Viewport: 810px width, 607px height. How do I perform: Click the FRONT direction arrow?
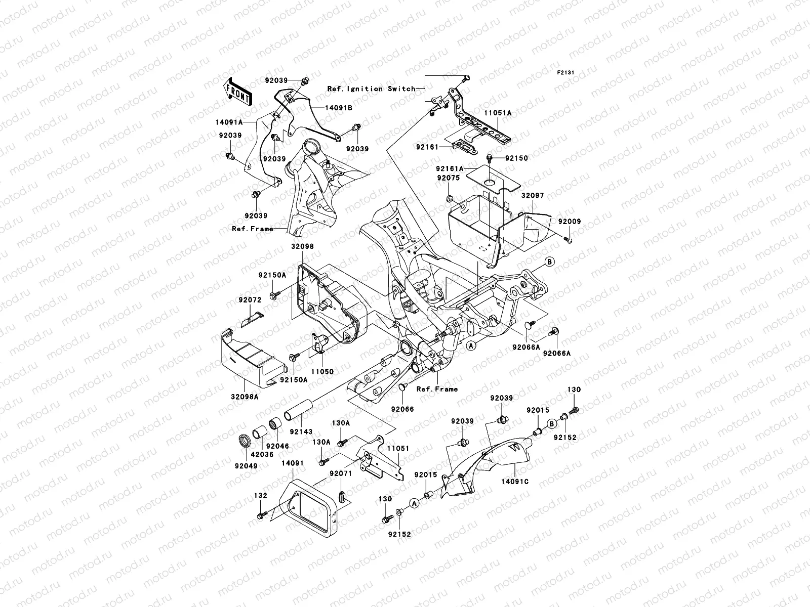tap(237, 91)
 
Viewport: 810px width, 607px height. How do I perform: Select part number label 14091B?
tap(325, 108)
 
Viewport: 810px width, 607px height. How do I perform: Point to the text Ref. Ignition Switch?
tap(385, 89)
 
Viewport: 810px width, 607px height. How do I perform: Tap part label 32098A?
tap(246, 397)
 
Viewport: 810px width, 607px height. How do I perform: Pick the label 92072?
tap(250, 300)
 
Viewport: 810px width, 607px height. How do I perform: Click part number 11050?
tap(322, 371)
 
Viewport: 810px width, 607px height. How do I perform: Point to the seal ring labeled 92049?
tap(245, 441)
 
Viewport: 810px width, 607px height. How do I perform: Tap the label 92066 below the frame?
tap(402, 409)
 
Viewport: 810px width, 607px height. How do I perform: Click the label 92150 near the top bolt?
tap(516, 158)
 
